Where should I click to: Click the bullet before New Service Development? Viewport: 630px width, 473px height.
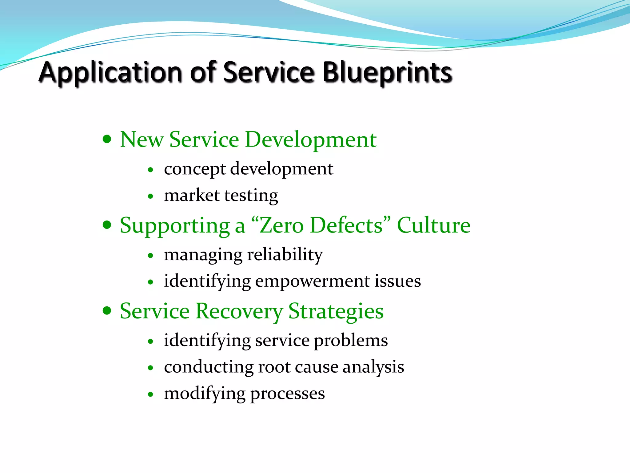click(107, 139)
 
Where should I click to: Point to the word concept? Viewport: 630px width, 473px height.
click(195, 169)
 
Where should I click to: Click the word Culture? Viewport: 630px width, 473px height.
click(433, 226)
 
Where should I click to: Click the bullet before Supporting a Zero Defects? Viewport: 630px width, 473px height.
click(107, 225)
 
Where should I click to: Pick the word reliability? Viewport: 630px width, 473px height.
click(285, 255)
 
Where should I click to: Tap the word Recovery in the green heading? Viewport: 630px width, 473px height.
click(239, 312)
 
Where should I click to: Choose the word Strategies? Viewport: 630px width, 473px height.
click(336, 312)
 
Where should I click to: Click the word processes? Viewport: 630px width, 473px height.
click(287, 394)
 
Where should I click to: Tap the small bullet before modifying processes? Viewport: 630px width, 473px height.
click(150, 394)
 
